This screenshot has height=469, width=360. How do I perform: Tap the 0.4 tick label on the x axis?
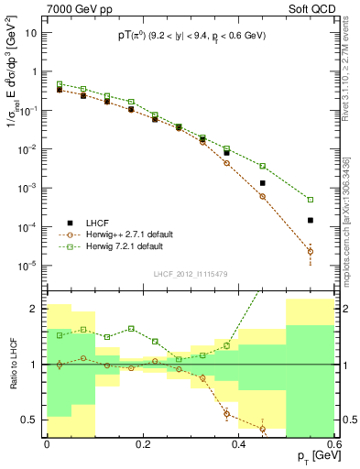coord(238,444)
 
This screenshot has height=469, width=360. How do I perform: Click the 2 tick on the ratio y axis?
coord(36,309)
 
